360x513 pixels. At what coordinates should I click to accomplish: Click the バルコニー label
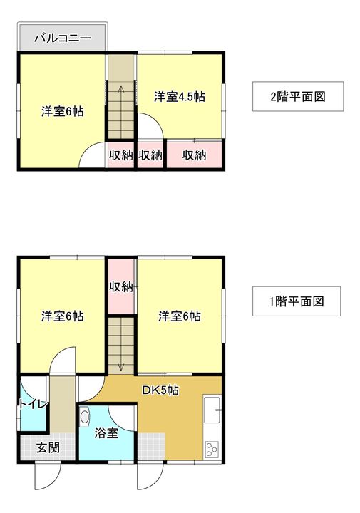[x=62, y=38]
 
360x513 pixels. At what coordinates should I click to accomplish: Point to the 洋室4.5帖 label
[x=180, y=97]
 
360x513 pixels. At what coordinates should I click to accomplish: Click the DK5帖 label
[x=160, y=390]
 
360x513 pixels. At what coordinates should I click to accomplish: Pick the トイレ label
[x=33, y=404]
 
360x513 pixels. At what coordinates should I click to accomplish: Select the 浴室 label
[x=106, y=432]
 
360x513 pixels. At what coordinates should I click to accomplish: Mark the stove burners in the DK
[x=212, y=448]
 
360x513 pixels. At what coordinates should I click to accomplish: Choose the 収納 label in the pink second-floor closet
[x=193, y=155]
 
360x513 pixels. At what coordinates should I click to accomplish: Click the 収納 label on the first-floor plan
[x=121, y=286]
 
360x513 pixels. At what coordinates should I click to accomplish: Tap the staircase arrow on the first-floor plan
[x=121, y=349]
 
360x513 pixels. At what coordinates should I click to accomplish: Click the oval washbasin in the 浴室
[x=86, y=417]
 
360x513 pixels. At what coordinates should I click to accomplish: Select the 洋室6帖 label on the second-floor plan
[x=62, y=111]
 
